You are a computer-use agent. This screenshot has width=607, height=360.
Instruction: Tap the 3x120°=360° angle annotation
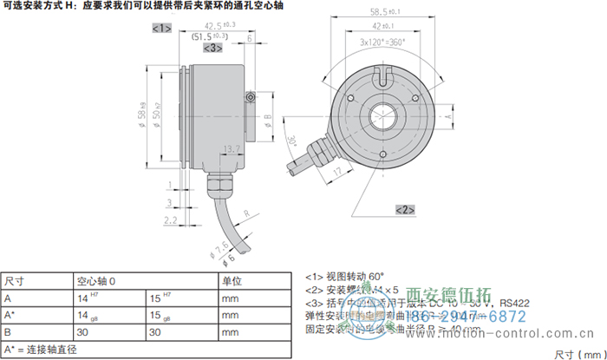coord(383,42)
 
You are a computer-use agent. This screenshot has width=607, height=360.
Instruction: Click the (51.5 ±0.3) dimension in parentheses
coord(209,37)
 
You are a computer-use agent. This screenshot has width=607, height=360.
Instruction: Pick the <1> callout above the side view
coord(162,29)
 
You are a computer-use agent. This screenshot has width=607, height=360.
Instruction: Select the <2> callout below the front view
coord(405,209)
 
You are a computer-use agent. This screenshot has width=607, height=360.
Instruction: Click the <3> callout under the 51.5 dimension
coord(212,49)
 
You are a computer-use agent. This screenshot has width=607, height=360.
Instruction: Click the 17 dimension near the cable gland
coord(336,173)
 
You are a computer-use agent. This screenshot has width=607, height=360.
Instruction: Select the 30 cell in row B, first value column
coord(83,331)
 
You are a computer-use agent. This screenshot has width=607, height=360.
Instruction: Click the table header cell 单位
coord(232,281)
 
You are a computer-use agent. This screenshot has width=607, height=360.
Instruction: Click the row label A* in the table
coord(10,315)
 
